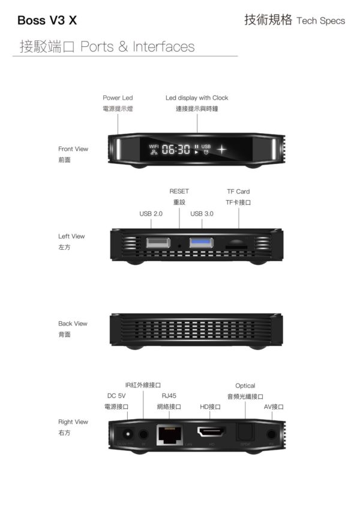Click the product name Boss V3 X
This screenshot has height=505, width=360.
[x=47, y=21]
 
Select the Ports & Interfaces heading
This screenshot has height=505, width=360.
[x=137, y=47]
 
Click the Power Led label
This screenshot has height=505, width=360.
[x=118, y=98]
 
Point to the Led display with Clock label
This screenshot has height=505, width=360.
[x=197, y=98]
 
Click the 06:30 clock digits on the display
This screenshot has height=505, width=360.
[x=176, y=149]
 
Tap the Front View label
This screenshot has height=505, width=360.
[x=73, y=149]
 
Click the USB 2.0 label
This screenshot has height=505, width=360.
[x=151, y=213]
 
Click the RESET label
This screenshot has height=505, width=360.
[x=179, y=192]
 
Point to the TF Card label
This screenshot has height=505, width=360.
[x=238, y=192]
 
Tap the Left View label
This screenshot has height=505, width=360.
[x=71, y=237]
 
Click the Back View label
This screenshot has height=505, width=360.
[x=73, y=324]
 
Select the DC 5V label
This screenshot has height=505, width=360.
[x=116, y=396]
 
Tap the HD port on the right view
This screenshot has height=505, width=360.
[x=212, y=432]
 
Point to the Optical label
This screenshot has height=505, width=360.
[x=245, y=386]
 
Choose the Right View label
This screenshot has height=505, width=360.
[x=73, y=422]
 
